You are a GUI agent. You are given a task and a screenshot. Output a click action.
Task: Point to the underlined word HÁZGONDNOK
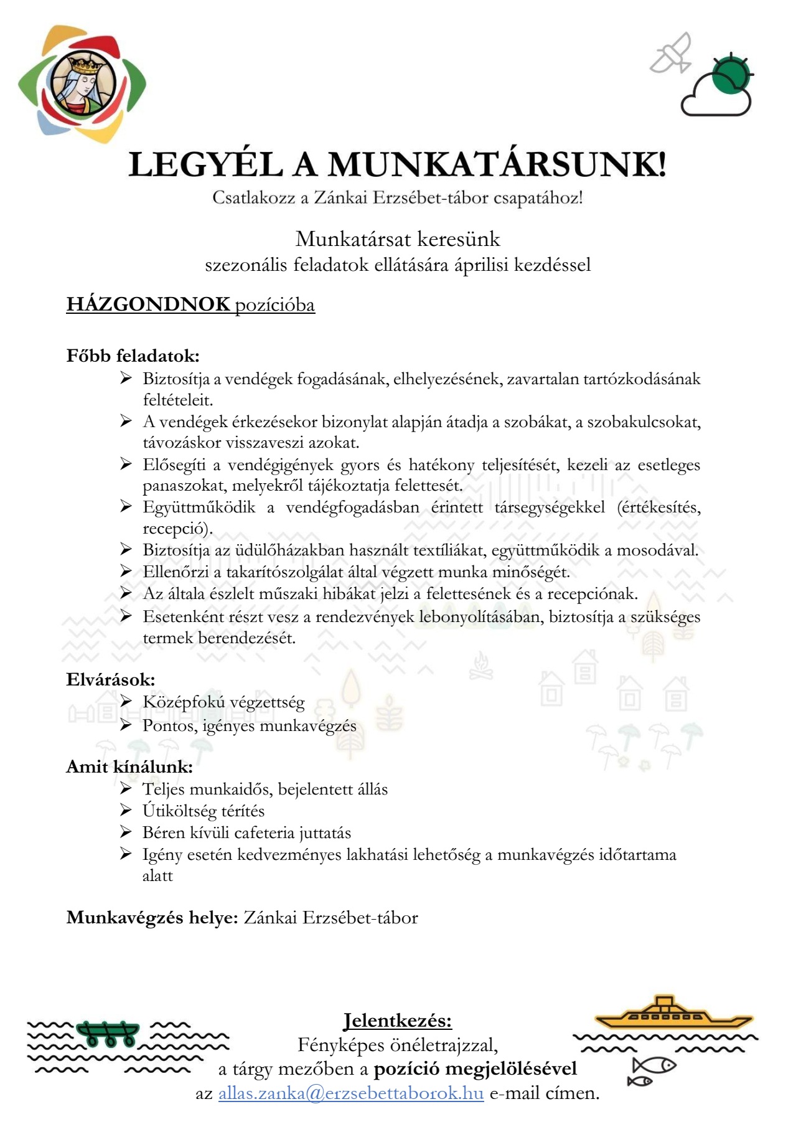tap(148, 304)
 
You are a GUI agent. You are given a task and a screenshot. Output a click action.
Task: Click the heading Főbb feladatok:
tap(133, 356)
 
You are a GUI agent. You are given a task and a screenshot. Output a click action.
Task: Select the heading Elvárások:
tap(110, 679)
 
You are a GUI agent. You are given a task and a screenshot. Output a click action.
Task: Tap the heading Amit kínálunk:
tap(129, 766)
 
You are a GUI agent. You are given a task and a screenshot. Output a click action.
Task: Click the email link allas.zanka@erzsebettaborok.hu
tap(350, 1093)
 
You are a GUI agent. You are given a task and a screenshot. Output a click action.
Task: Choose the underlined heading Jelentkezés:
tap(398, 1021)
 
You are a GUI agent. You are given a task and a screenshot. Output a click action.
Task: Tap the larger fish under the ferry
tap(654, 1065)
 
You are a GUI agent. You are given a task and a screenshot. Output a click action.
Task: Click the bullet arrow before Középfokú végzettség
tap(126, 702)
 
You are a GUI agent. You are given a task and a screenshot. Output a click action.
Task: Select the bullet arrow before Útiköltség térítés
tap(126, 810)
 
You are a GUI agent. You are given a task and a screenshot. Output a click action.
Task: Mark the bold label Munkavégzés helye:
tap(152, 918)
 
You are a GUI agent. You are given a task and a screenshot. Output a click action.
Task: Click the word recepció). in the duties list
tap(178, 529)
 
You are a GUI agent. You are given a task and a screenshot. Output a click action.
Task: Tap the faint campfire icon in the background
tap(480, 666)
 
